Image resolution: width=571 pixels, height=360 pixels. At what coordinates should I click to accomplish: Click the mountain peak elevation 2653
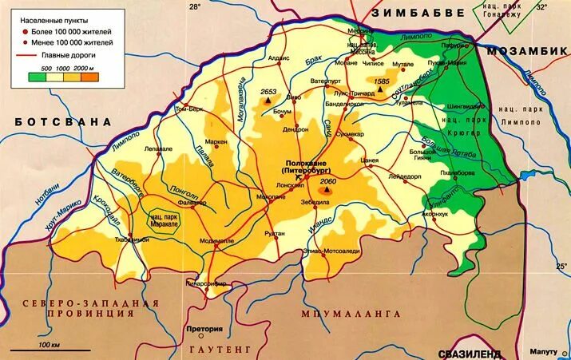point(268,92)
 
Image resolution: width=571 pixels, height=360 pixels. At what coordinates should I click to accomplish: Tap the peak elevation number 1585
point(381,81)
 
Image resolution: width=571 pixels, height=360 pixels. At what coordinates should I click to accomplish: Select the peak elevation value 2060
point(328,182)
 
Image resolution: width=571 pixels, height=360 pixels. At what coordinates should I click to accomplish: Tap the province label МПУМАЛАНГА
point(350,314)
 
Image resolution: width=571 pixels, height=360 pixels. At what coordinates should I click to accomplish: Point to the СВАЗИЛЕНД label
point(470,352)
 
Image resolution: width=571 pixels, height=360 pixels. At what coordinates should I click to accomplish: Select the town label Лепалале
point(158,148)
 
